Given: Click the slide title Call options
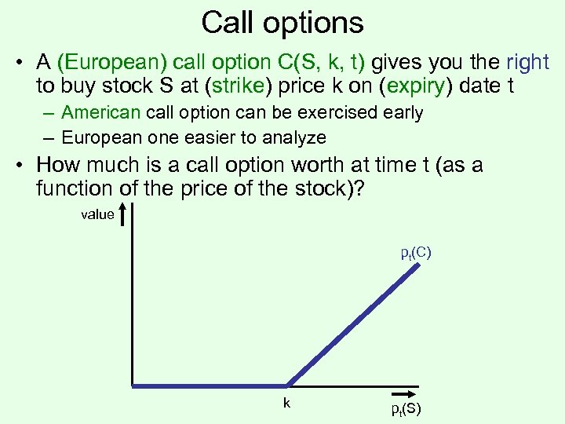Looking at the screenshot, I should point(282,22).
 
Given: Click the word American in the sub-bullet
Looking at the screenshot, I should point(100,113).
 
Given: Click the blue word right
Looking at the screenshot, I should point(527,63).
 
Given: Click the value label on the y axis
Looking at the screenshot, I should point(97,214).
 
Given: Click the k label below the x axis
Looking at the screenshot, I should point(287,402).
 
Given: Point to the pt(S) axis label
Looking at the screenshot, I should point(406,410).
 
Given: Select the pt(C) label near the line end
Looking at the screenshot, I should point(416,253).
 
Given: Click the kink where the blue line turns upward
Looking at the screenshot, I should point(287,385).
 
